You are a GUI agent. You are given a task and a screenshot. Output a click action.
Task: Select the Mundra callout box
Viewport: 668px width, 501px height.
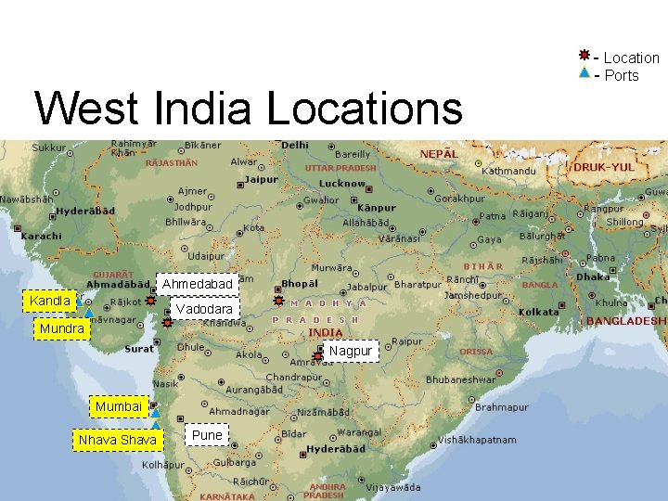[62, 328]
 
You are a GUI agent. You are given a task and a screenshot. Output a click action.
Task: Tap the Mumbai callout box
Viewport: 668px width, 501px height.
[118, 406]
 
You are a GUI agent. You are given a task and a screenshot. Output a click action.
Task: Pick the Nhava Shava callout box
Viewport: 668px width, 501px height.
[118, 440]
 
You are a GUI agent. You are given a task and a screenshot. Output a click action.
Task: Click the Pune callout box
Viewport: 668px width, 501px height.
[207, 435]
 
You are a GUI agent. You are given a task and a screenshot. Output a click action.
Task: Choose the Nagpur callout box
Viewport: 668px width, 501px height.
[350, 351]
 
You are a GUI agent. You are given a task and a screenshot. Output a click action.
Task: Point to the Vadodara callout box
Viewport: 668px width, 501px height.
[204, 308]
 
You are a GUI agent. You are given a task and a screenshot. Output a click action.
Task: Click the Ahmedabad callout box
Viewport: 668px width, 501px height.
[197, 283]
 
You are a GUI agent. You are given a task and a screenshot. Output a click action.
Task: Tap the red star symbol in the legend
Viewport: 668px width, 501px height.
[584, 57]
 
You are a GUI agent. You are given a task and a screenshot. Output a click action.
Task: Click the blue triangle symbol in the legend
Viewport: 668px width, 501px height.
[584, 73]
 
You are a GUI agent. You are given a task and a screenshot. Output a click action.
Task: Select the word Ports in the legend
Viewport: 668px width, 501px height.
[622, 75]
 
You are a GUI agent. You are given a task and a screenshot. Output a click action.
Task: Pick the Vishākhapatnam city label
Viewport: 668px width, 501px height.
[477, 440]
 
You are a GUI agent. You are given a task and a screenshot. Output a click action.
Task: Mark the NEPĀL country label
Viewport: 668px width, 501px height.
[438, 153]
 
